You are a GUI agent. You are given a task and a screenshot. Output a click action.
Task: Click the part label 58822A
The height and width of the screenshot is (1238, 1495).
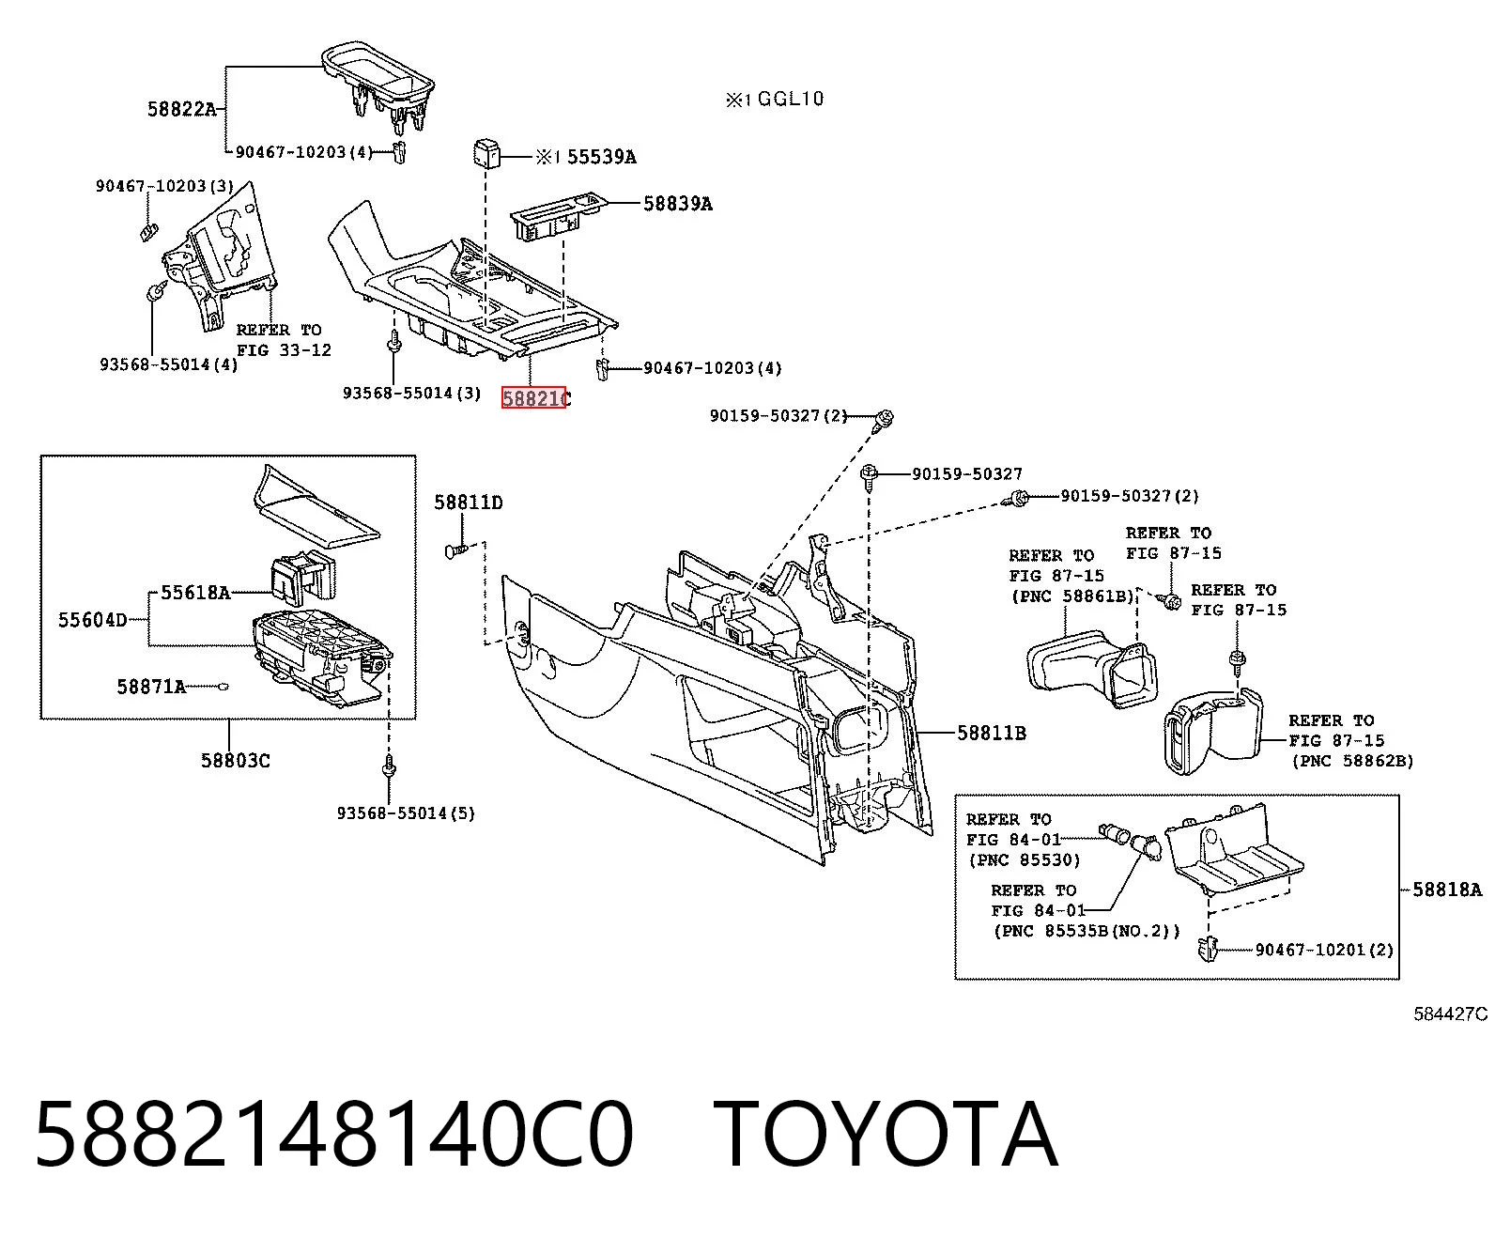click(x=181, y=109)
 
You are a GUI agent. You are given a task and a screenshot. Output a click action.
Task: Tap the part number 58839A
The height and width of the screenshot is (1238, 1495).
click(x=677, y=204)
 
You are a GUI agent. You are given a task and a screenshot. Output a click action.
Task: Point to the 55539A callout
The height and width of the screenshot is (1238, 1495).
click(x=601, y=157)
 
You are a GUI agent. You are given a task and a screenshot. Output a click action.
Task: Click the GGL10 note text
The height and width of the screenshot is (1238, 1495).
click(x=791, y=98)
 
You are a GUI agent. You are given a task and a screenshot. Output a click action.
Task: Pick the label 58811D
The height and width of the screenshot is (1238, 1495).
click(x=469, y=503)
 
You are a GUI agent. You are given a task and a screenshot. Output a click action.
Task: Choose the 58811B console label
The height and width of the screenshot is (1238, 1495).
click(x=992, y=733)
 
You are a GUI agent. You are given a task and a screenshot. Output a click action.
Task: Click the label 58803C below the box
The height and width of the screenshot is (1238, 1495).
click(x=236, y=760)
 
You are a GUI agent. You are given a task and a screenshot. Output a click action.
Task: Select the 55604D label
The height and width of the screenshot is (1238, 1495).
click(x=92, y=620)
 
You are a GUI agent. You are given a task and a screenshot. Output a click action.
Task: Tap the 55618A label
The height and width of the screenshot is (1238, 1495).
click(x=195, y=593)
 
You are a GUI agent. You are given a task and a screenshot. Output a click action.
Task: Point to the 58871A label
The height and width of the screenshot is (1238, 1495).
click(x=151, y=687)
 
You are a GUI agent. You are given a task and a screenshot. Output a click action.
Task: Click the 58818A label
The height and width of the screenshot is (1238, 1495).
click(x=1447, y=890)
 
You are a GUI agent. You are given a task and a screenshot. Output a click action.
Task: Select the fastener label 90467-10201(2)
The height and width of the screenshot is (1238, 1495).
click(x=1325, y=950)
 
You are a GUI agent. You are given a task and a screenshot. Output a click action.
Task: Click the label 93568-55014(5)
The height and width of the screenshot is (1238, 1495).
click(x=406, y=813)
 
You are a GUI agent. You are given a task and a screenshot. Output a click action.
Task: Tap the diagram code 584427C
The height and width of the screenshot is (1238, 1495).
click(x=1451, y=1014)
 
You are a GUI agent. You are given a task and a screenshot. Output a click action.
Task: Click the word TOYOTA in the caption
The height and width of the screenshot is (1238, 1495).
click(x=885, y=1136)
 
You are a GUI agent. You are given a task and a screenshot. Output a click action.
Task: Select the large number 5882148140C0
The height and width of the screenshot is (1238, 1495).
click(x=334, y=1136)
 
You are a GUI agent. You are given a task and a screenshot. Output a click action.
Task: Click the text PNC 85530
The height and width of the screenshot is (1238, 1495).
click(x=1025, y=859)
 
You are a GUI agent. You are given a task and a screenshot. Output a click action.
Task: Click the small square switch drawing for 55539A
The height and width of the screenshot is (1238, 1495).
click(x=485, y=154)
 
